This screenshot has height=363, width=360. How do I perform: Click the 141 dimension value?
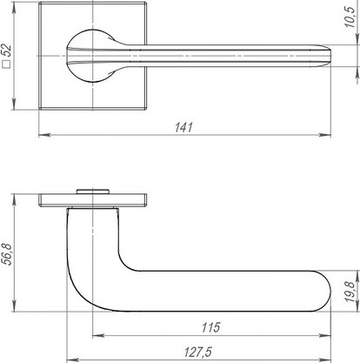pos(183,127)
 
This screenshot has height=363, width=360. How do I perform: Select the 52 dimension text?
pos(6,50)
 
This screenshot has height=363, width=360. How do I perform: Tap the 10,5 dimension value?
pos(350,17)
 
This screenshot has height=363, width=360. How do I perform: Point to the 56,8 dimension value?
pos(6,254)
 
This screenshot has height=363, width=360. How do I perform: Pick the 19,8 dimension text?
pos(350,292)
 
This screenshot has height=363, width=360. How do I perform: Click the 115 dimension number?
pos(210,327)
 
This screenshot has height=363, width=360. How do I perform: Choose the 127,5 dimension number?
pos(198,352)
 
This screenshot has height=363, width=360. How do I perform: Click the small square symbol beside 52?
pos(6,64)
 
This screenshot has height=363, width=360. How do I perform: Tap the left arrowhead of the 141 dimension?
pos(44,135)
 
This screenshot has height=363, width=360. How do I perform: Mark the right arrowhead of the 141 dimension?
pos(325,135)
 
